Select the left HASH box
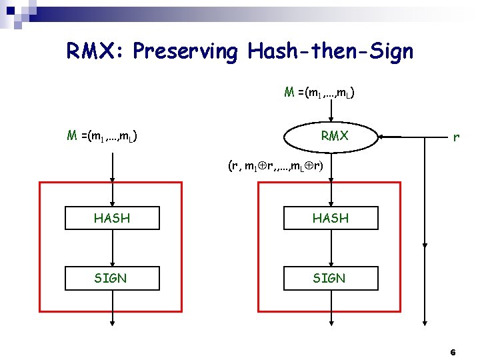pos(112,218)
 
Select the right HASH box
pos(331,218)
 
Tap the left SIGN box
pos(112,278)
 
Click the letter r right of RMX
pos(455,138)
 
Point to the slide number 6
pos(453,351)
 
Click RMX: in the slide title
pos(96,51)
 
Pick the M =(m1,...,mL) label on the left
pos(103,137)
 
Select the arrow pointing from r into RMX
pos(393,137)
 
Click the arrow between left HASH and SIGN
pos(112,248)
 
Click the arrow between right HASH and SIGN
pos(331,248)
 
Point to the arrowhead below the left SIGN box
pos(112,323)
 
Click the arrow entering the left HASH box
pos(112,193)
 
